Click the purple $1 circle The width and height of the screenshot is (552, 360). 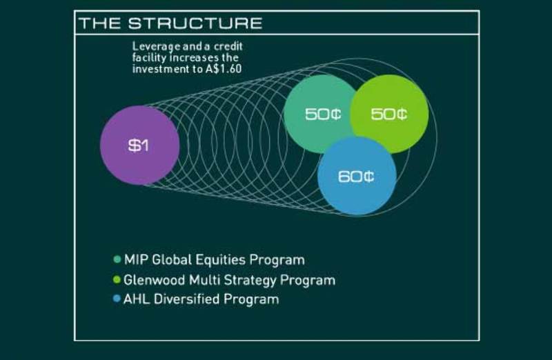tap(139, 146)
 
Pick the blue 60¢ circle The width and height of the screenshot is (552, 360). tap(356, 176)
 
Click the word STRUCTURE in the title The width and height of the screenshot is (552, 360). tap(195, 23)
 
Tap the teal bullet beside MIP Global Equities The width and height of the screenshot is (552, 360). tap(117, 261)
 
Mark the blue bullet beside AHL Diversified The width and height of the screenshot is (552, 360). tap(117, 300)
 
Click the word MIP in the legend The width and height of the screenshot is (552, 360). tap(133, 261)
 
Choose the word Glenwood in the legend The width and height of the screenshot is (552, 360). tap(153, 281)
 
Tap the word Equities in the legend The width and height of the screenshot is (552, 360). tap(215, 261)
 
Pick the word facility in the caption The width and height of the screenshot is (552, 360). tap(148, 58)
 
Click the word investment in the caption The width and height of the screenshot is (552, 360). tap(160, 69)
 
